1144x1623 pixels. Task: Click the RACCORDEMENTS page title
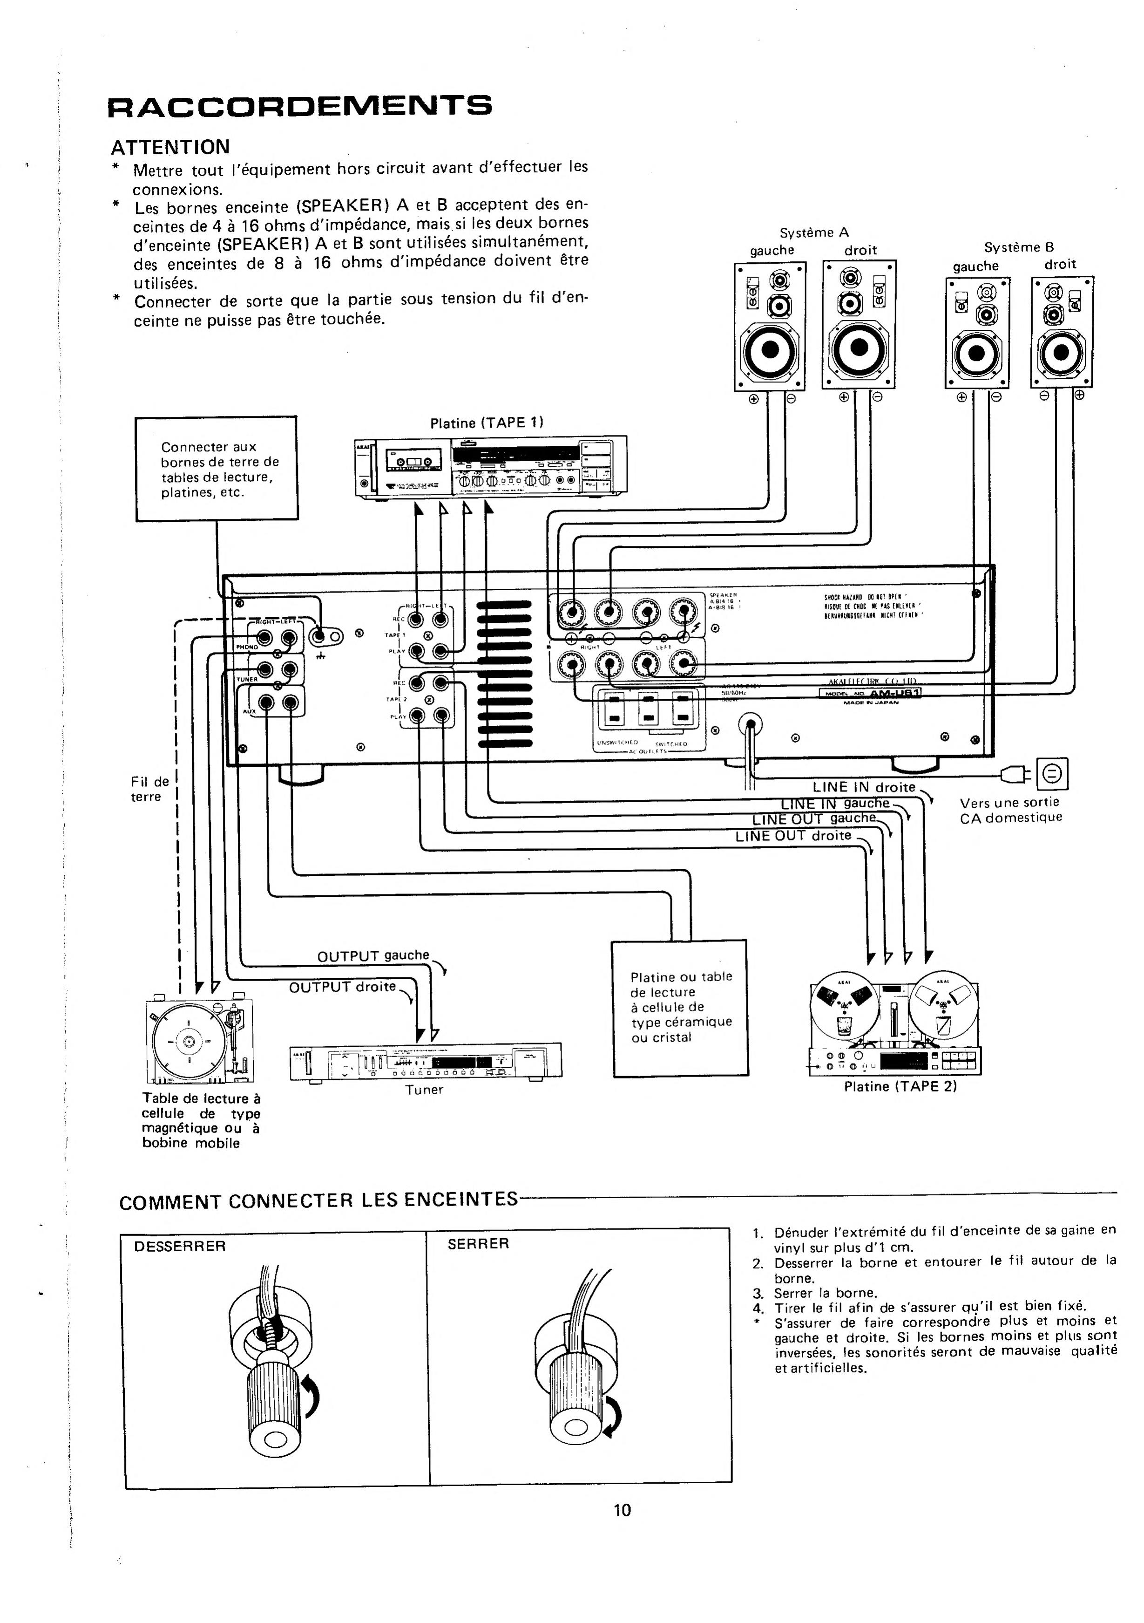299,106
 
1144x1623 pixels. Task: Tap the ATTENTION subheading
170,147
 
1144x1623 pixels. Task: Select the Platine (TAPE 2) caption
900,1086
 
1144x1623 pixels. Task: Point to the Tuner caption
424,1089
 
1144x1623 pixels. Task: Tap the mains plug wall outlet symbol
1052,775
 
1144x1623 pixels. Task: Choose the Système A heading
814,232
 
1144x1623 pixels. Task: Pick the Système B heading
1019,247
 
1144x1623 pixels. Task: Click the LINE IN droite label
864,787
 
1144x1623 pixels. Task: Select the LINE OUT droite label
793,836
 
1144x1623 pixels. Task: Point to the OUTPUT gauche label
373,956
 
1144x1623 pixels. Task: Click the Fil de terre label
150,789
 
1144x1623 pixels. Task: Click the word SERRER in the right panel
478,1243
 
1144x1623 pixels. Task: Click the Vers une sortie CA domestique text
1010,810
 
